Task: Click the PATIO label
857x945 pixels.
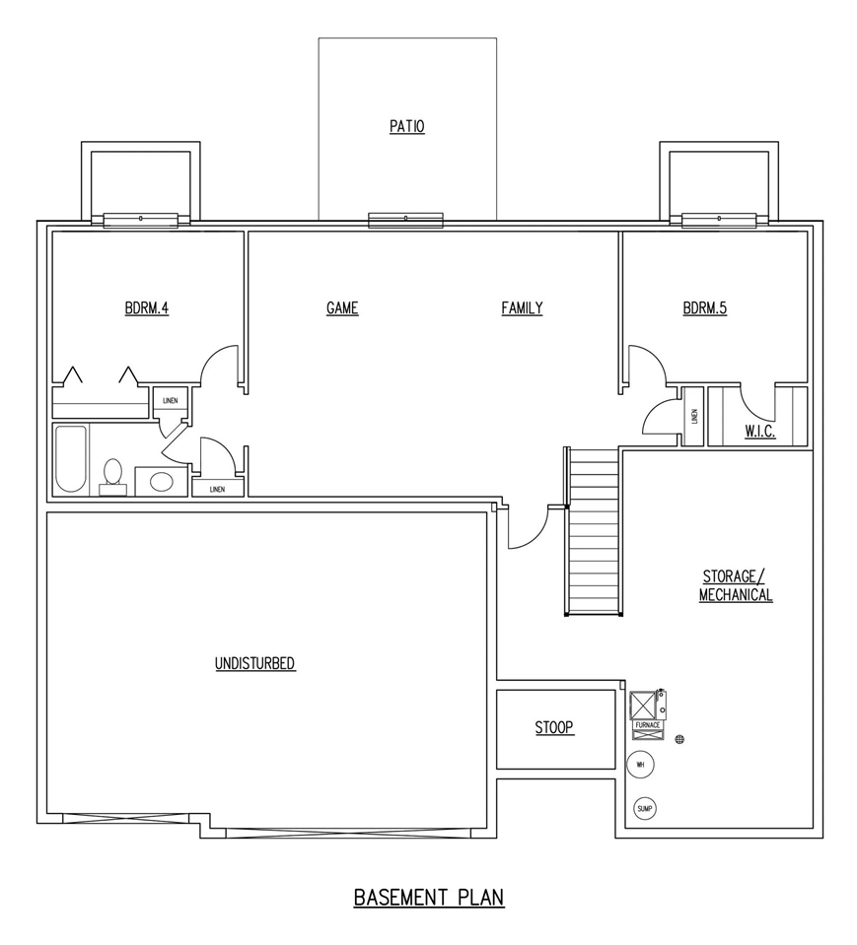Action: (x=406, y=127)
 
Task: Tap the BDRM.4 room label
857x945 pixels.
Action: (x=147, y=308)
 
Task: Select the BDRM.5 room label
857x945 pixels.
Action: (x=704, y=308)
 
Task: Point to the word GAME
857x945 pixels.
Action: (x=342, y=308)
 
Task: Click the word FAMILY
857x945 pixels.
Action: (x=522, y=308)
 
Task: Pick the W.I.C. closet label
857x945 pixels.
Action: (x=759, y=432)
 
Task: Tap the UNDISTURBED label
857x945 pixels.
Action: (x=255, y=663)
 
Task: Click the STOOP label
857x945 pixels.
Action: (x=554, y=728)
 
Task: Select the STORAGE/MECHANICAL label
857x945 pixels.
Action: (x=736, y=585)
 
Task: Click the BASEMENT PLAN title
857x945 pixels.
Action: (x=429, y=897)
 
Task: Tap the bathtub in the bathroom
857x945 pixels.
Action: (x=71, y=459)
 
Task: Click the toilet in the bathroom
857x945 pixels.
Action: (x=112, y=474)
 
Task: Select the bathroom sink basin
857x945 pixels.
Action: (x=161, y=482)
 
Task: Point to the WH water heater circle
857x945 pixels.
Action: (x=640, y=764)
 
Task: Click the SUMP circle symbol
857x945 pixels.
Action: (x=645, y=809)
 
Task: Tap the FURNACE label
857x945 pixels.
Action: (x=647, y=724)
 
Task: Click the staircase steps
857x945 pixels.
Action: (x=595, y=532)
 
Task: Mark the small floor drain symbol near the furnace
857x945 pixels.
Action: (x=679, y=739)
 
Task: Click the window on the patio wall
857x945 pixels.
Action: (x=405, y=220)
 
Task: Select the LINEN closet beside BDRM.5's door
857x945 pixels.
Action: (x=694, y=416)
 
